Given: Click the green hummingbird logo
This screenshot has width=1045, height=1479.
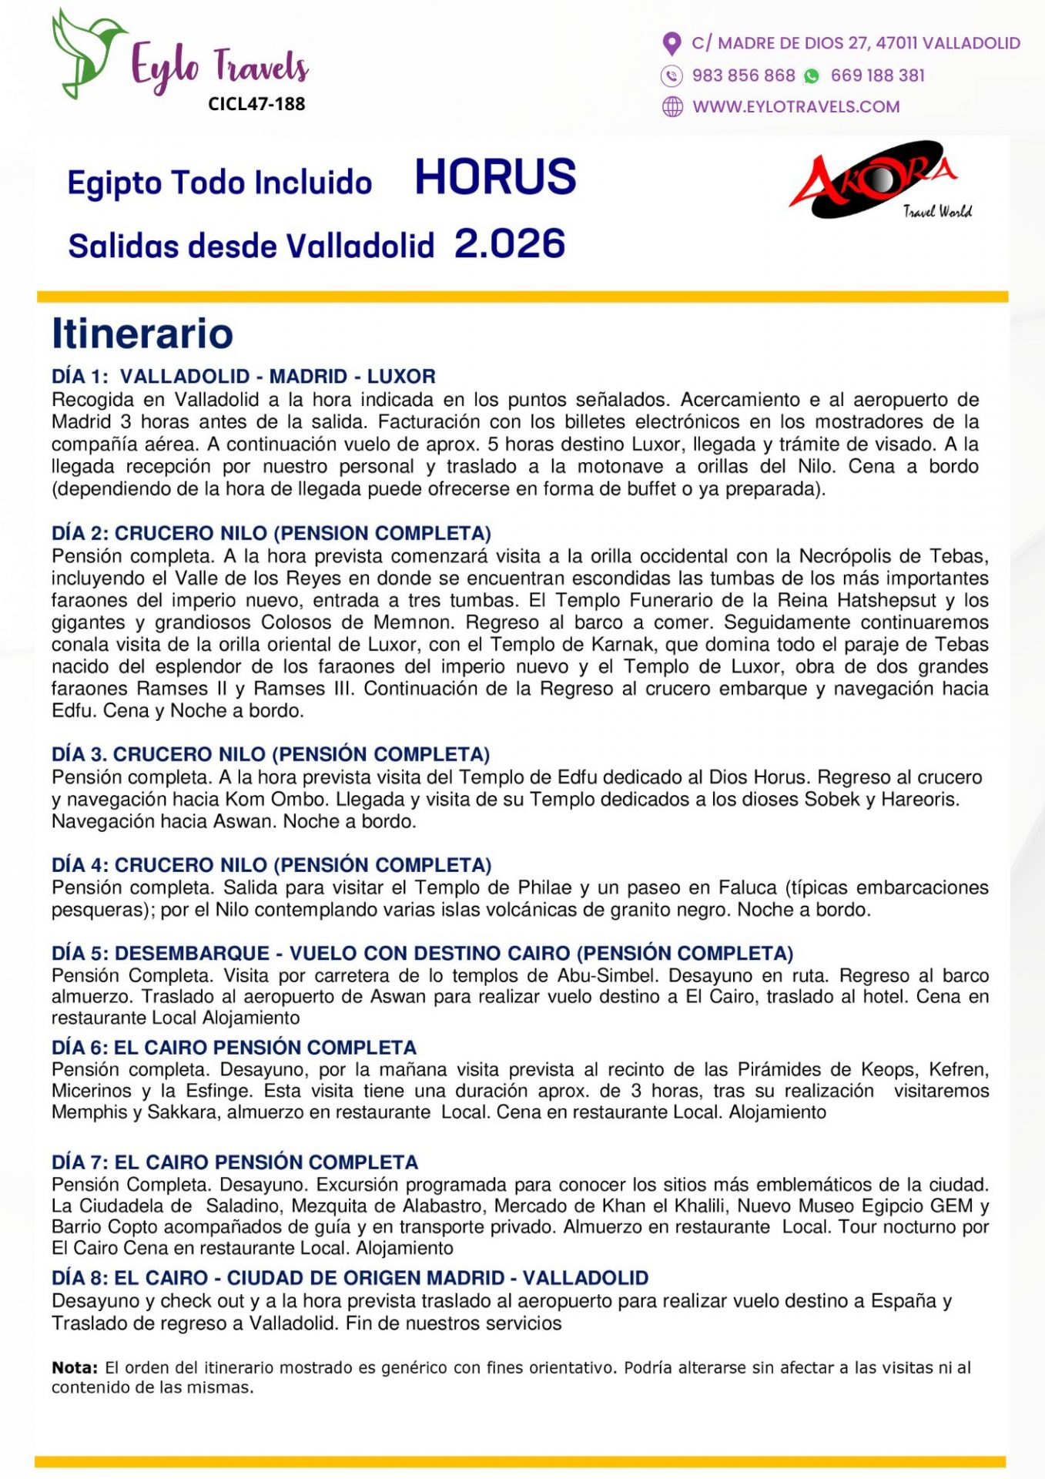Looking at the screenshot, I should click(x=86, y=52).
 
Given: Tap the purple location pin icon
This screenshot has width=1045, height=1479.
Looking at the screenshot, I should click(x=672, y=44).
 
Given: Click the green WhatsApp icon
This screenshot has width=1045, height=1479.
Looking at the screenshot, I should click(x=811, y=75).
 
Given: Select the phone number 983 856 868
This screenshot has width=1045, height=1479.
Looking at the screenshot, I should click(x=743, y=75).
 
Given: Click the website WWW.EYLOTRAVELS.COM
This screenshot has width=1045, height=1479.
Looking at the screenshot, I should click(x=795, y=107).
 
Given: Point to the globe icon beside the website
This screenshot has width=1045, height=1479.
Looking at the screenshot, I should click(x=672, y=107).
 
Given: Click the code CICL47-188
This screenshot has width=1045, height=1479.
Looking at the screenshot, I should click(x=256, y=104).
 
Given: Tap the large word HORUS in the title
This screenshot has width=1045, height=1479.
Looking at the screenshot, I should click(x=495, y=177).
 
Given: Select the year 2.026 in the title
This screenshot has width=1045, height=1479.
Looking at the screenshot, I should click(x=510, y=244).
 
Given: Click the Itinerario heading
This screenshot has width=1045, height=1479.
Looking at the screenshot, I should click(x=142, y=334).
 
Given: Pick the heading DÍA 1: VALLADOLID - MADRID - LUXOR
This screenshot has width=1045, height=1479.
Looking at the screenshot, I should click(x=243, y=376).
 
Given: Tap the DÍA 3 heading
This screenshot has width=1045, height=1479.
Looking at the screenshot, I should click(x=270, y=754).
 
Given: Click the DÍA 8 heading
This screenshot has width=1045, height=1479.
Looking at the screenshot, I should click(x=350, y=1278).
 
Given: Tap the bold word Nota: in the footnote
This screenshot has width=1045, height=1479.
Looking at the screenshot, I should click(x=75, y=1367).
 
